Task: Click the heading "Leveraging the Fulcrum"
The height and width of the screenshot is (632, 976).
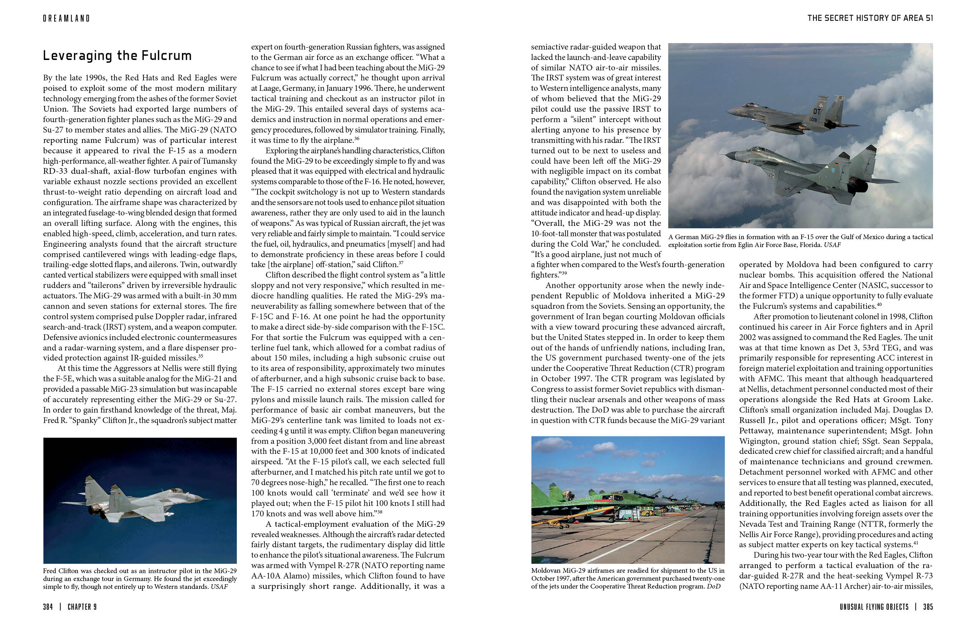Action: click(x=117, y=55)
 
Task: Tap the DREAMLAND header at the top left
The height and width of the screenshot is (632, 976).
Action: click(x=66, y=18)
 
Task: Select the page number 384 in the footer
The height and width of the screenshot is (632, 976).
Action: click(x=48, y=607)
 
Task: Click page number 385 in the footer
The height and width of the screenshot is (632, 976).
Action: click(x=928, y=607)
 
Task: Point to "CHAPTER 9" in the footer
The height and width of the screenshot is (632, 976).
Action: click(x=82, y=607)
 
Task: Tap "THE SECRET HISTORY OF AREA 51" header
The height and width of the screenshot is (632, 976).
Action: click(x=870, y=18)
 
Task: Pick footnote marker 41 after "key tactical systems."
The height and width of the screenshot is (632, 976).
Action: click(x=916, y=543)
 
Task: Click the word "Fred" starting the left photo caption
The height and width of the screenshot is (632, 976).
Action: click(x=49, y=571)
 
